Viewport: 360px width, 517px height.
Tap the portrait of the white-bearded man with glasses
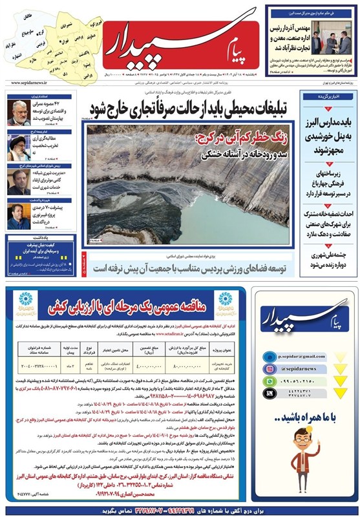click(x=17, y=109)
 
